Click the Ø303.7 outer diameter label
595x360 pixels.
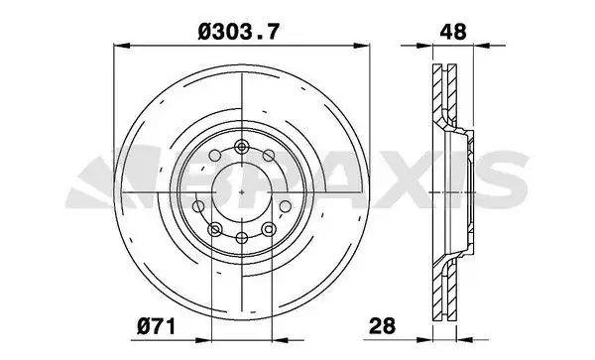pos(239,32)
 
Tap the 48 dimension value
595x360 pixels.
pos(453,32)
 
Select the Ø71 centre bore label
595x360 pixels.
pos(157,326)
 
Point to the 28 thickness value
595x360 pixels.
pos(382,326)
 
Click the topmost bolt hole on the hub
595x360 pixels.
pos(241,147)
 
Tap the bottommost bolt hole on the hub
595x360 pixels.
pos(242,238)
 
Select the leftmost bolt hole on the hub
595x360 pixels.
pos(198,206)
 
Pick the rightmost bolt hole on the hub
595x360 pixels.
pos(286,206)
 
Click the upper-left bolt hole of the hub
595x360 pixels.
pos(215,156)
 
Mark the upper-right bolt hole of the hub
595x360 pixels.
pos(269,155)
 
